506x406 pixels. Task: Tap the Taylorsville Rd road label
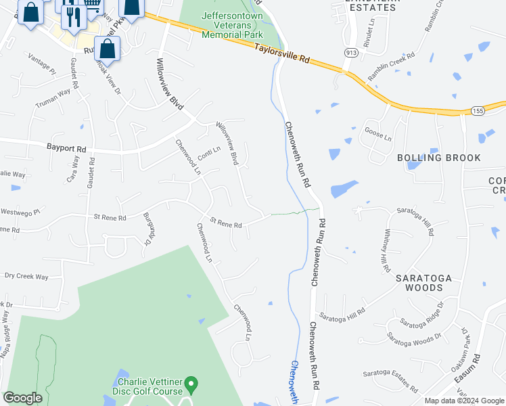(282, 54)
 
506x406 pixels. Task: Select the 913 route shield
(350, 51)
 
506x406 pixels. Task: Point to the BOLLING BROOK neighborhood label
(439, 158)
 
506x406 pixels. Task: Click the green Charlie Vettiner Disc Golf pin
(191, 384)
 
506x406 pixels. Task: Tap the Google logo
(22, 398)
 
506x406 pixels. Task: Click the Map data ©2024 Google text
(464, 401)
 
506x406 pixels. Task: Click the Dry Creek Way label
(26, 277)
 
